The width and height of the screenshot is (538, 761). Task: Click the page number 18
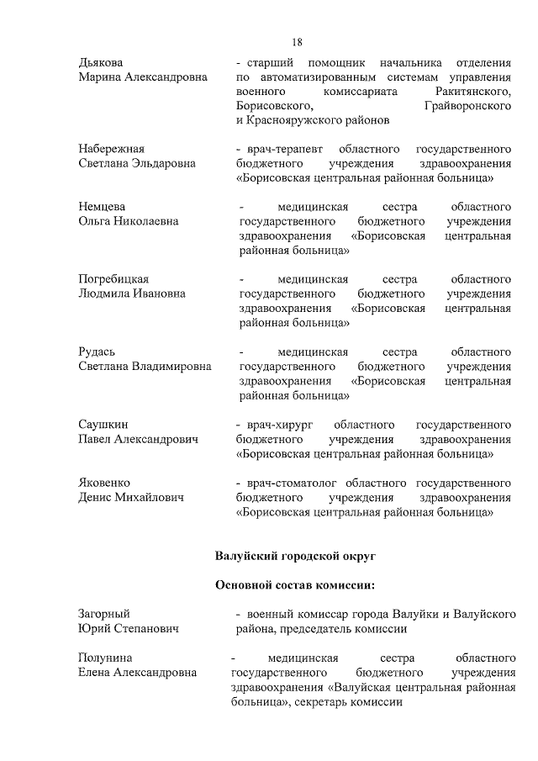[297, 42]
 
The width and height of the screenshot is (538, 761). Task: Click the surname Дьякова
[100, 63]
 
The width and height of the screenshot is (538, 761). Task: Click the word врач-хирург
[277, 424]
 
